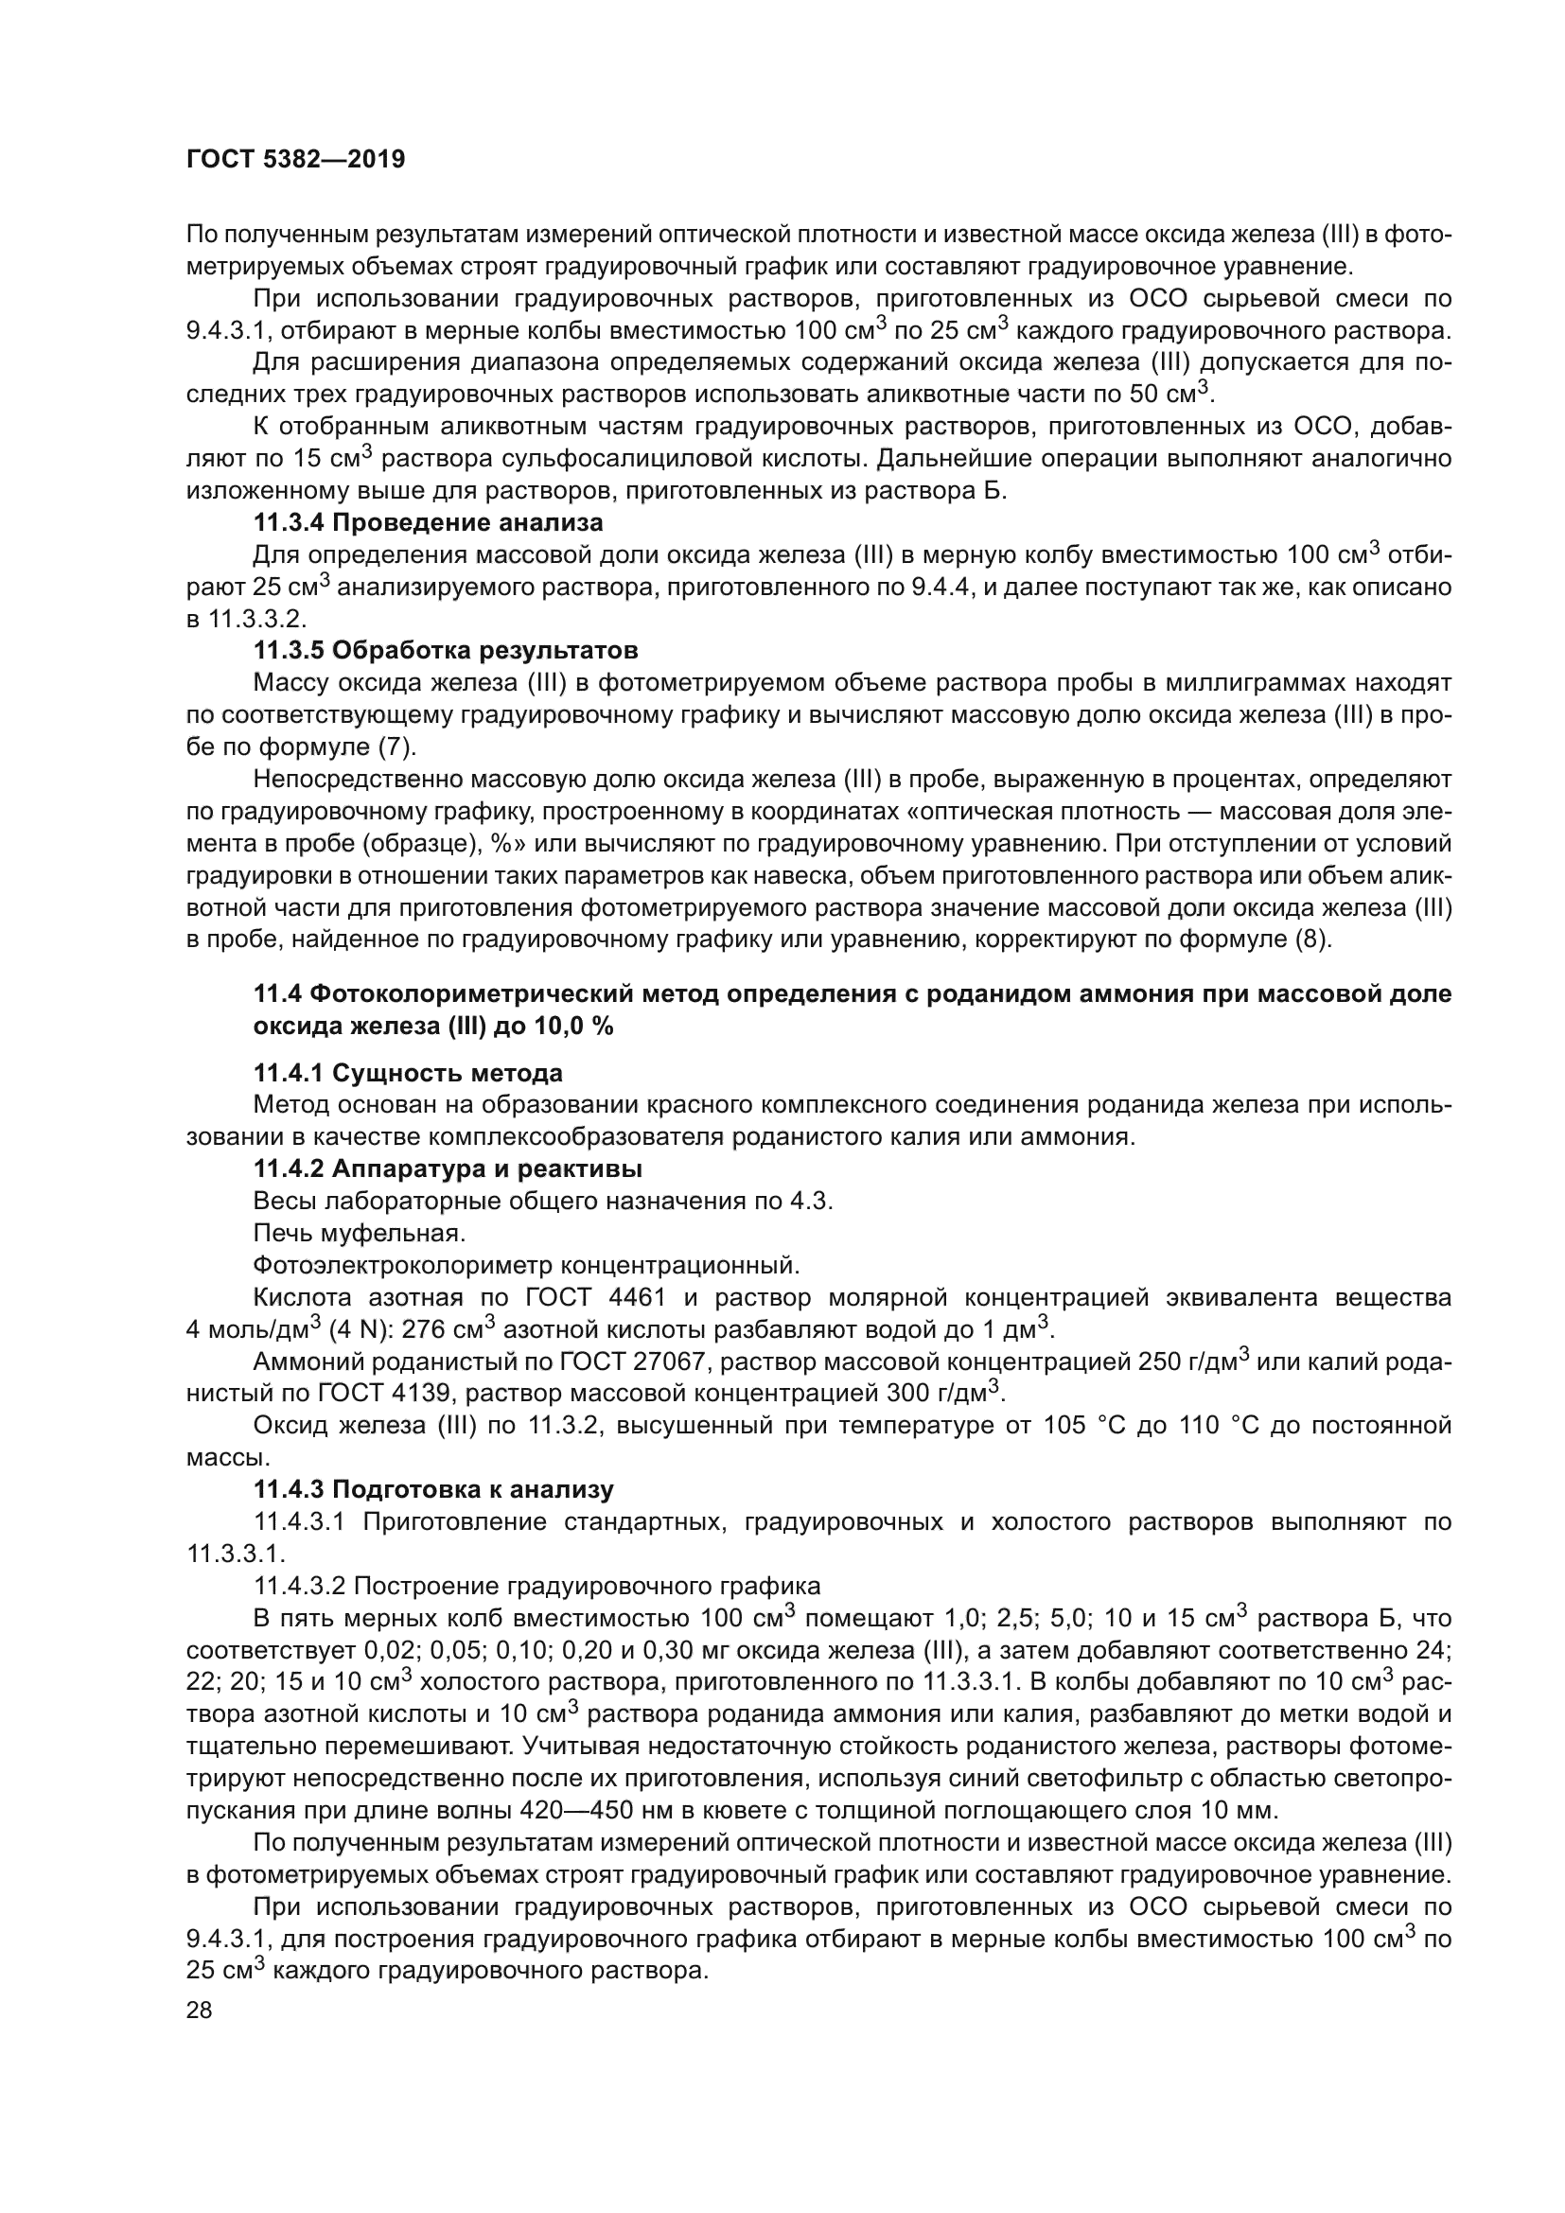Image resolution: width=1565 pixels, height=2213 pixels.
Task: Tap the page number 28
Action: [200, 2011]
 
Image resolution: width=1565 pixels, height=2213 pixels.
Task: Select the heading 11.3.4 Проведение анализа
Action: [428, 522]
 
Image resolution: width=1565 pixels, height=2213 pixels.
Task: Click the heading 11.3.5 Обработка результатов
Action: [446, 651]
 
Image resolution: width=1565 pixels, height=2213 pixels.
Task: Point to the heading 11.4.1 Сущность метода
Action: [408, 1073]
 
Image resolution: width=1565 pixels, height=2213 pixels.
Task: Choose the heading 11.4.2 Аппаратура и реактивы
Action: [448, 1168]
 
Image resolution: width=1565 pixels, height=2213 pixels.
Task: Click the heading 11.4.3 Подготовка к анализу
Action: [432, 1489]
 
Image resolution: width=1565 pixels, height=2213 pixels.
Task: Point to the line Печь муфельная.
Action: [360, 1233]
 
